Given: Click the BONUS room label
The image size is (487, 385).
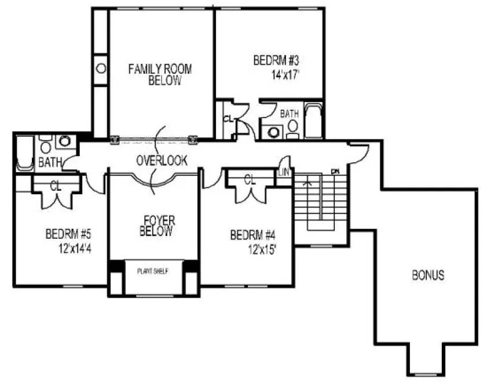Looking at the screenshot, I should tap(429, 274).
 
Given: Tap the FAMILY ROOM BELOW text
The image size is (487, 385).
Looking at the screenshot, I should tap(160, 75).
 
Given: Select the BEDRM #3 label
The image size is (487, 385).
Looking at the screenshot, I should tap(276, 60).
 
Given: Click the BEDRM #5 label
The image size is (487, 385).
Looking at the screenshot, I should tap(68, 235).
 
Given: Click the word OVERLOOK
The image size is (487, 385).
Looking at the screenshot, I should tap(162, 161).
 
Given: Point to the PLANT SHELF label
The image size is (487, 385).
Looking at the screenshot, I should tap(153, 271).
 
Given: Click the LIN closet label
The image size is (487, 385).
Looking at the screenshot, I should tap(284, 173).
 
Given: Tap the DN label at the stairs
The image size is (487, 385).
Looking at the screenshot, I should tap(334, 171).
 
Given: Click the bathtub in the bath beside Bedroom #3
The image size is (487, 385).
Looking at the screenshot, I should tap(313, 121).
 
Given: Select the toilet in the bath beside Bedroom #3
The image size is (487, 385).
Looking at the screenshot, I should tap(292, 128).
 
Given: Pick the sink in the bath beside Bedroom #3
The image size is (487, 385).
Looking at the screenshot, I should tap(273, 132).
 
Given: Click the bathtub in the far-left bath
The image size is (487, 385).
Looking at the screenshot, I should tap(24, 152).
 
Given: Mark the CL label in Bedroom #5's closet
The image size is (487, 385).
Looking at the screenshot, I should tap(56, 186).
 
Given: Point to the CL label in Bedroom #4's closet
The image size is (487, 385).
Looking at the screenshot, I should tap(250, 180).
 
